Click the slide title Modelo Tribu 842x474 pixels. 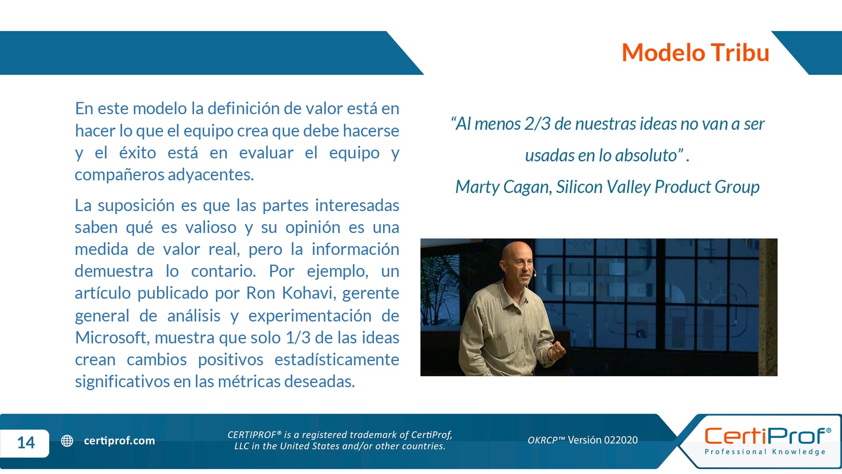pos(695,53)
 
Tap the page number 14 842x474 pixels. pos(26,442)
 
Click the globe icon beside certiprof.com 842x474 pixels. pos(67,441)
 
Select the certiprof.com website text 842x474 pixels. pos(119,441)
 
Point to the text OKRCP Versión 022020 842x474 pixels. pos(583,440)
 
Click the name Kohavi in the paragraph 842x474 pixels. pos(309,293)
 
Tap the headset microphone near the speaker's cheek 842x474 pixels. pos(533,273)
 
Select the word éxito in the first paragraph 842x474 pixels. pos(137,153)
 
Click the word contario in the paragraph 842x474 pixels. pos(224,271)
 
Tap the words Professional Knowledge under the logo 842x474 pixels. pos(765,452)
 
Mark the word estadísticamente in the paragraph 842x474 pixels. pos(337,359)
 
